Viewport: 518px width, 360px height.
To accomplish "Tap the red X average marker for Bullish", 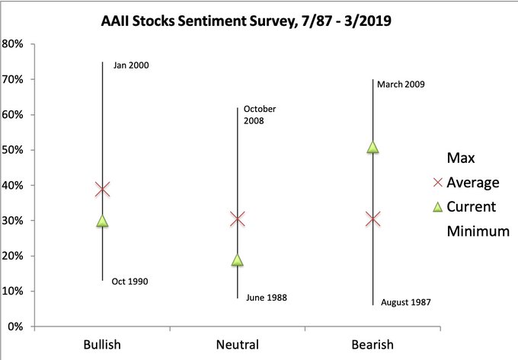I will click(102, 189).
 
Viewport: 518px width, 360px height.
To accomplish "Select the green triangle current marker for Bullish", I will click(102, 221).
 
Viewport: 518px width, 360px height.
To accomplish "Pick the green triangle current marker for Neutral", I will click(237, 260).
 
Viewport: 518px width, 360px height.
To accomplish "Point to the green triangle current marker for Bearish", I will click(373, 147).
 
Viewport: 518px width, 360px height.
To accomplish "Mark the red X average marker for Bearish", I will click(373, 219).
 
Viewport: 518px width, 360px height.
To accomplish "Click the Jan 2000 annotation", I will click(130, 65).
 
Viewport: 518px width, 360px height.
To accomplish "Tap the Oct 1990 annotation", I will click(129, 282).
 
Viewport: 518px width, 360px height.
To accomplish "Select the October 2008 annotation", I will click(260, 114).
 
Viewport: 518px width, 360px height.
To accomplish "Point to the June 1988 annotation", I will click(267, 297).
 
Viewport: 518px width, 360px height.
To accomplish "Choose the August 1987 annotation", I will click(405, 302).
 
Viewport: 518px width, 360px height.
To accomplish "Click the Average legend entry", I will click(473, 183).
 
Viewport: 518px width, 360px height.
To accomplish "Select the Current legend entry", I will click(472, 206).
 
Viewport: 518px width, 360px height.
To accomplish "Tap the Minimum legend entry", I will click(478, 231).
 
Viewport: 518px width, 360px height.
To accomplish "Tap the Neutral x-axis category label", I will click(237, 344).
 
